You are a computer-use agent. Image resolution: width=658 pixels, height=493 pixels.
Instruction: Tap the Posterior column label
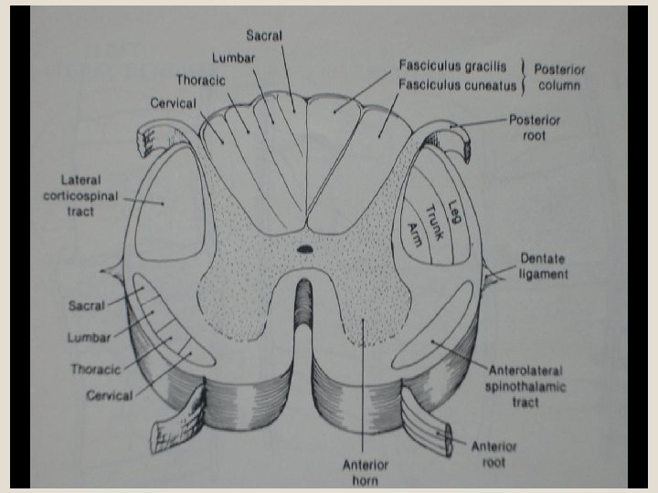pos(559,77)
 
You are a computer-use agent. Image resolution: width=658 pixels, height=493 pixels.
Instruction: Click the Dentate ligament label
pos(544,266)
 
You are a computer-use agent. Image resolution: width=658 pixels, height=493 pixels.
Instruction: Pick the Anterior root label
pos(493,455)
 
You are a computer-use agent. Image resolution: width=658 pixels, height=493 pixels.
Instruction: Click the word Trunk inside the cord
pos(435,222)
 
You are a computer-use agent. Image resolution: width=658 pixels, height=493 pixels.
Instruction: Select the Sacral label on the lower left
pos(86,305)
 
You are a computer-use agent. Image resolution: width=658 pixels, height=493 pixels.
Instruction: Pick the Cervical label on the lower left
pos(110,395)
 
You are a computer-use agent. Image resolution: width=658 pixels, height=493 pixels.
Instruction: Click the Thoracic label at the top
pos(201,80)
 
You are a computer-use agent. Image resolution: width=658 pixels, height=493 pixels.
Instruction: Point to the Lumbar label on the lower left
pos(88,338)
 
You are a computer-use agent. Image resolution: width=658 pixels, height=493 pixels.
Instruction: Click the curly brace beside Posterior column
pos(524,77)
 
